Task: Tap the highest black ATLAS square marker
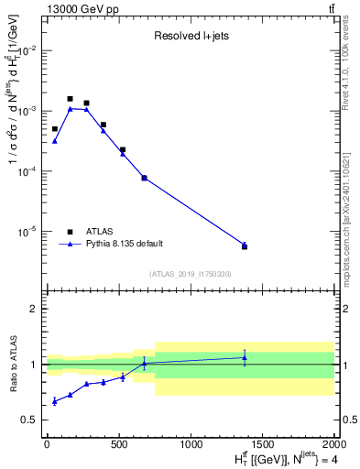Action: [71, 99]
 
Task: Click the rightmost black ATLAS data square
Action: [245, 246]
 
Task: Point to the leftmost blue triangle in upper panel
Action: [55, 141]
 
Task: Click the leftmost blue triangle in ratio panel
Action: [55, 401]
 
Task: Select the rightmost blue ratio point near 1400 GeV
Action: [245, 357]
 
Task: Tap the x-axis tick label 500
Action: [119, 443]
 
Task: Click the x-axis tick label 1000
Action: [191, 443]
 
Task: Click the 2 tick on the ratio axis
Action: [36, 309]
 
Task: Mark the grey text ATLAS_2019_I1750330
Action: [191, 274]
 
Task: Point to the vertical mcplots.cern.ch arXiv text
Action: [350, 211]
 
